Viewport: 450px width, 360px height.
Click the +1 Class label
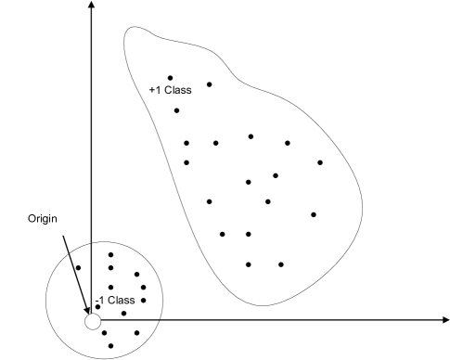click(x=170, y=90)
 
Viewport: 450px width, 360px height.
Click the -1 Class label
click(x=115, y=300)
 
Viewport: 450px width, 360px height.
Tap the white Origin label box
click(x=43, y=220)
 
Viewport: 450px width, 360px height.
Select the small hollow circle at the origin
click(x=92, y=321)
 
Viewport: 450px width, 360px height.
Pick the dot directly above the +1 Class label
click(x=170, y=78)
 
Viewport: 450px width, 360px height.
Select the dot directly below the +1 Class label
click(x=176, y=110)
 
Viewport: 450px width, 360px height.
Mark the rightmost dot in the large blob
click(x=320, y=162)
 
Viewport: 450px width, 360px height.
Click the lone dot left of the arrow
click(x=78, y=269)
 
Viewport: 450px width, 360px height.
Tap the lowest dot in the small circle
click(x=110, y=346)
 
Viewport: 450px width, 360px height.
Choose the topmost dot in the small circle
click(x=110, y=254)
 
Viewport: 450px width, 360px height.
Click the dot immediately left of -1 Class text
click(x=97, y=306)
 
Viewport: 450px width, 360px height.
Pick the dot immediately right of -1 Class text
click(x=143, y=301)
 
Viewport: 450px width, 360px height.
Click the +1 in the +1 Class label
click(x=155, y=90)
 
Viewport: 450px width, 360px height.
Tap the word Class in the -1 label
click(x=122, y=300)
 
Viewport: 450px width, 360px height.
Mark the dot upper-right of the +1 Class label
click(x=209, y=84)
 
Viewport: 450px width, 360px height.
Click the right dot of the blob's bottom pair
click(x=281, y=264)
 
